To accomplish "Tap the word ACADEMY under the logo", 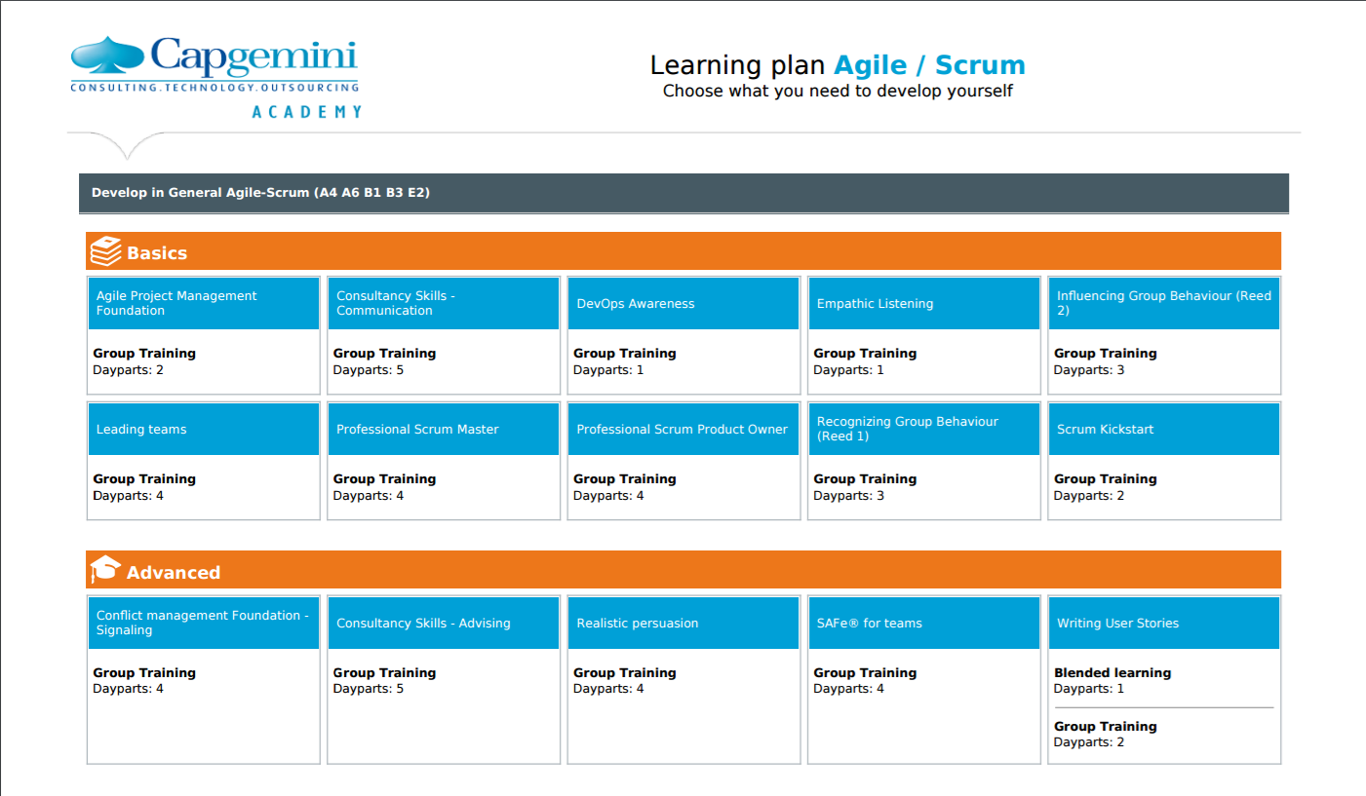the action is pos(307,112).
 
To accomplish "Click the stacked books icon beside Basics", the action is pos(105,251).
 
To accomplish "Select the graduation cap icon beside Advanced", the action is pos(105,569).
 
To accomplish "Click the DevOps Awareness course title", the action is pos(636,304).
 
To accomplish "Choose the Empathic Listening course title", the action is pos(875,304).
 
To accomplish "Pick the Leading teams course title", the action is pos(140,429).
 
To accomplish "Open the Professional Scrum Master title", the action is pos(417,429).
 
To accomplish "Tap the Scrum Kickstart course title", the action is pos(1105,429).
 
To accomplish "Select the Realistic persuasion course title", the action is pos(638,623).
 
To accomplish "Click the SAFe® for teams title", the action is pos(869,623).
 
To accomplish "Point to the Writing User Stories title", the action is pos(1117,623).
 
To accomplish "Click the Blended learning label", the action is pos(1112,672).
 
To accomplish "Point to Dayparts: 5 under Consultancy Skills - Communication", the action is pos(368,370).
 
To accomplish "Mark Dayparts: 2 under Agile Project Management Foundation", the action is pos(128,370).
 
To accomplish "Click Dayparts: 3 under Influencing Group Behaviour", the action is pos(1088,370).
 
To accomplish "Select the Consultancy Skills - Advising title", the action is pos(423,623).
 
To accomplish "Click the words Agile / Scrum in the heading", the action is pos(929,65).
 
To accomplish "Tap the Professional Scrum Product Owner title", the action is pos(682,429).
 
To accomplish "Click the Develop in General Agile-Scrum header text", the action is pos(260,193).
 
